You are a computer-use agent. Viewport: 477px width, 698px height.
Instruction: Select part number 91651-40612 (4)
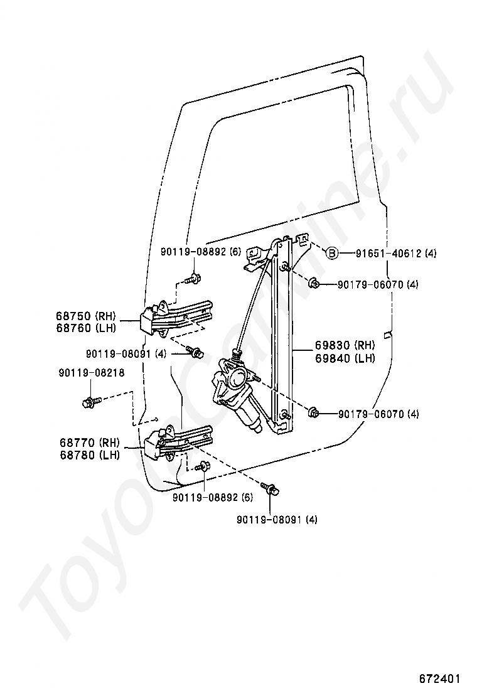(387, 254)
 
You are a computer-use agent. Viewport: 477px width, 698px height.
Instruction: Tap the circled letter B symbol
(331, 254)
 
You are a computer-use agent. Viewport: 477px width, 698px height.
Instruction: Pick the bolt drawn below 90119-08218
(89, 401)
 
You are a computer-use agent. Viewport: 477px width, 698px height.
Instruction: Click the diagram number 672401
(440, 679)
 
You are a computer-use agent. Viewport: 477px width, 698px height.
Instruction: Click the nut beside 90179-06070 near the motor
(314, 413)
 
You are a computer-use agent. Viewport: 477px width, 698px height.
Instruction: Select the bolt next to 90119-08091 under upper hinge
(196, 353)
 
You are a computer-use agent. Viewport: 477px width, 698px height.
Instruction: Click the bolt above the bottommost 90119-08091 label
(272, 490)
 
